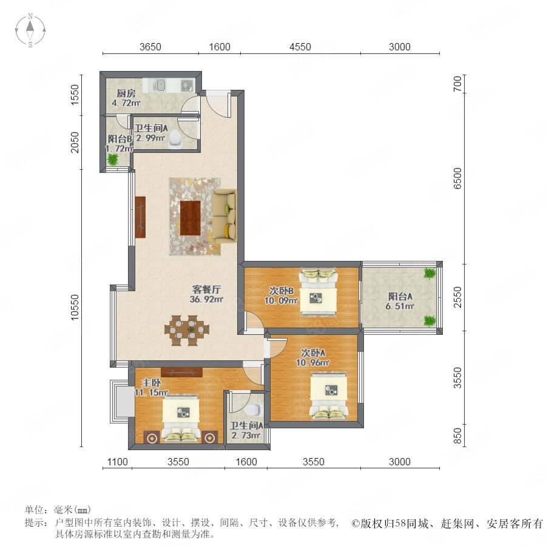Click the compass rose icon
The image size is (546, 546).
[30, 30]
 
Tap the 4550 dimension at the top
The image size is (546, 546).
[300, 47]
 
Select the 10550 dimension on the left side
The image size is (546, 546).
[75, 308]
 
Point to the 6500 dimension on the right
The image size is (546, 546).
[457, 178]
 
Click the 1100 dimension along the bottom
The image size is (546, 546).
[117, 462]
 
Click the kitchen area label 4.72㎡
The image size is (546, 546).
[126, 103]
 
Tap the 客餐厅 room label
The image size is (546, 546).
[206, 289]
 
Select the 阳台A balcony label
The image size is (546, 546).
[400, 296]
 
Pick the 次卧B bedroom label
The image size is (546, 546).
[281, 291]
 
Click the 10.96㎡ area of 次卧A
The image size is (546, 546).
[312, 363]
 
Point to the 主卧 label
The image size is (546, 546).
[152, 383]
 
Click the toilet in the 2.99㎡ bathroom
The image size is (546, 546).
[175, 139]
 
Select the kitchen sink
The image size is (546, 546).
[160, 85]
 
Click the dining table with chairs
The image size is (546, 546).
[187, 330]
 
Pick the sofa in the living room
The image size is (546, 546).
[224, 215]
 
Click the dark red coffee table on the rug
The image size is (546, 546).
[190, 218]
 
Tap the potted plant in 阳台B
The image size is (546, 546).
[113, 160]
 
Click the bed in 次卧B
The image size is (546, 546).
[318, 292]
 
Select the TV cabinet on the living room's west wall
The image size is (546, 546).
[140, 217]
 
